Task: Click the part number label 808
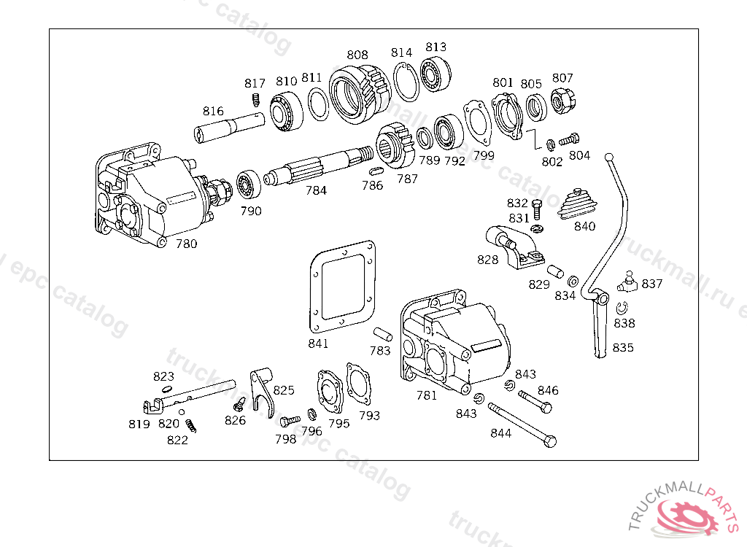click(x=357, y=55)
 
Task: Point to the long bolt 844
click(x=522, y=425)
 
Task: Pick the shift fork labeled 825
click(x=262, y=392)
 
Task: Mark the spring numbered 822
click(x=190, y=426)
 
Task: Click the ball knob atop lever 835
click(x=608, y=158)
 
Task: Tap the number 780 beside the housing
click(x=186, y=244)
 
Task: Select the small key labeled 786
click(x=376, y=171)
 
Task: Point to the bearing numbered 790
click(x=249, y=185)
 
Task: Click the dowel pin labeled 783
click(x=382, y=334)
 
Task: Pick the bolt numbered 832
click(x=537, y=209)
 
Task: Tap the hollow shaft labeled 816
click(x=229, y=128)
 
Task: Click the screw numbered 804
click(x=569, y=139)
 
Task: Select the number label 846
click(x=548, y=391)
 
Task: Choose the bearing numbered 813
click(x=436, y=75)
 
